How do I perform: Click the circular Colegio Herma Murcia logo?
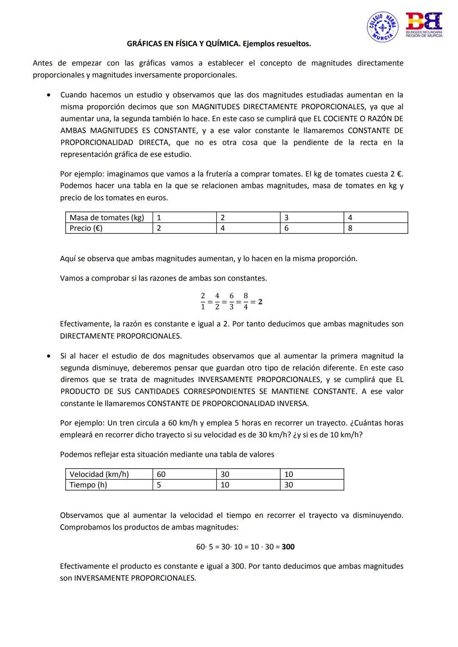coord(383,27)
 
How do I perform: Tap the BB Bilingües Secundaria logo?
coord(424,25)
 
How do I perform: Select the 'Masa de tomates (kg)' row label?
coord(107,217)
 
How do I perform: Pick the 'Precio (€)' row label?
coord(86,228)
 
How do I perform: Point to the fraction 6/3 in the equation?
coord(232,301)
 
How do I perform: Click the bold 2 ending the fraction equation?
coord(260,302)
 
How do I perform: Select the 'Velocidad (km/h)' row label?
coord(99,474)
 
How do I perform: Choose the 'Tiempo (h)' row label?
coord(88,485)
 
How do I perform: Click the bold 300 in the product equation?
coord(288,547)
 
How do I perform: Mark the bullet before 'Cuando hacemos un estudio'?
coord(50,95)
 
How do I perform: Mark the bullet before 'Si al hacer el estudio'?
coord(50,356)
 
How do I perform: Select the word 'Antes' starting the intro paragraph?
coord(42,63)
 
